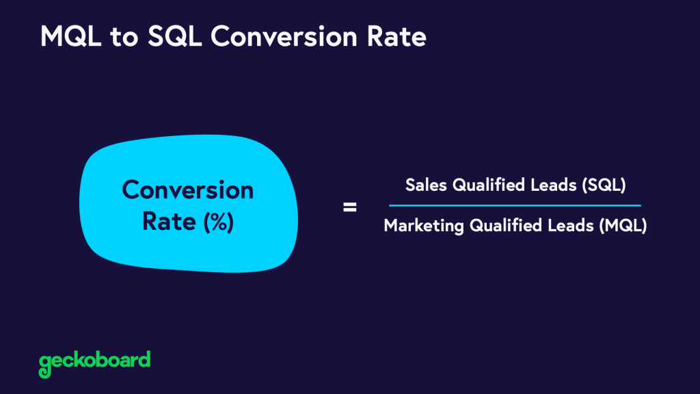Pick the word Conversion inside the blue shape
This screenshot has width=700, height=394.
click(187, 189)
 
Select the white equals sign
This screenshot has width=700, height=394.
click(349, 207)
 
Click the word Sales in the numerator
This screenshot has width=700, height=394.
click(424, 185)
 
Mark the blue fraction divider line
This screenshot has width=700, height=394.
click(515, 205)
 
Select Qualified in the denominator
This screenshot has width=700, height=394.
click(494, 226)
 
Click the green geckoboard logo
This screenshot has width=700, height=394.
click(94, 361)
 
